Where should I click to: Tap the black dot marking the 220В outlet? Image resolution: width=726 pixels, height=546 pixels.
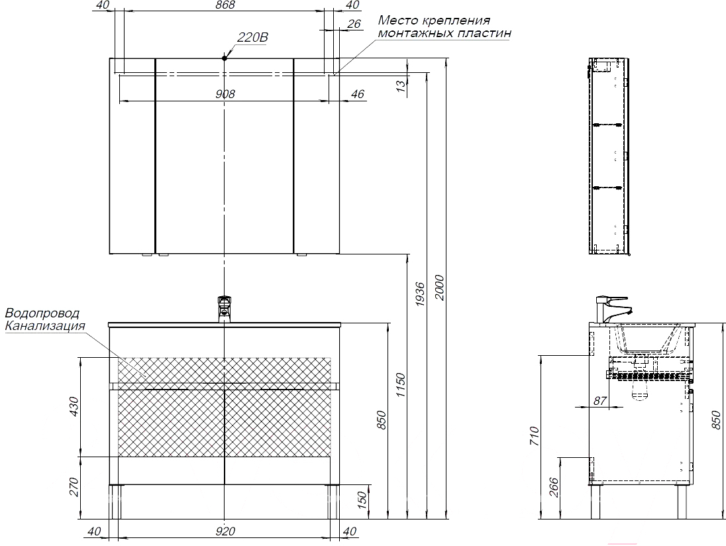[x=225, y=58]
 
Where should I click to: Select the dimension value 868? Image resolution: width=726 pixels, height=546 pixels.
[x=225, y=5]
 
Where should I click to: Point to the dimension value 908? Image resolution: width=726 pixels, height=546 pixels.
[x=225, y=94]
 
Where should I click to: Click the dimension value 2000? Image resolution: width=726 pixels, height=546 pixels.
[x=439, y=288]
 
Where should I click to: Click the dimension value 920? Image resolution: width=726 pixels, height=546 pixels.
[x=226, y=530]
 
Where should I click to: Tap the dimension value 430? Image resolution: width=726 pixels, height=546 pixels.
[x=74, y=406]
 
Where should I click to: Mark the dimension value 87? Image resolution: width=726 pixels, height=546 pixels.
[x=599, y=400]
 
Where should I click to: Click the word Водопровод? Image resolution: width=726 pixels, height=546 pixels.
[x=42, y=313]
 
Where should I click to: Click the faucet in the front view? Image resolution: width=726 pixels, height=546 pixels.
[x=225, y=309]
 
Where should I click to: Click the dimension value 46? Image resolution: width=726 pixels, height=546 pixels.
[x=357, y=94]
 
